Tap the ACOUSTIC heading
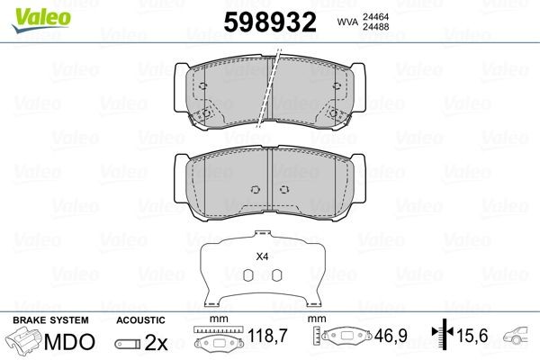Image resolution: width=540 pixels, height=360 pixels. pyautogui.click(x=140, y=320)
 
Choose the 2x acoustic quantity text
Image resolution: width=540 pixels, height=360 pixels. pyautogui.click(x=157, y=342)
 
